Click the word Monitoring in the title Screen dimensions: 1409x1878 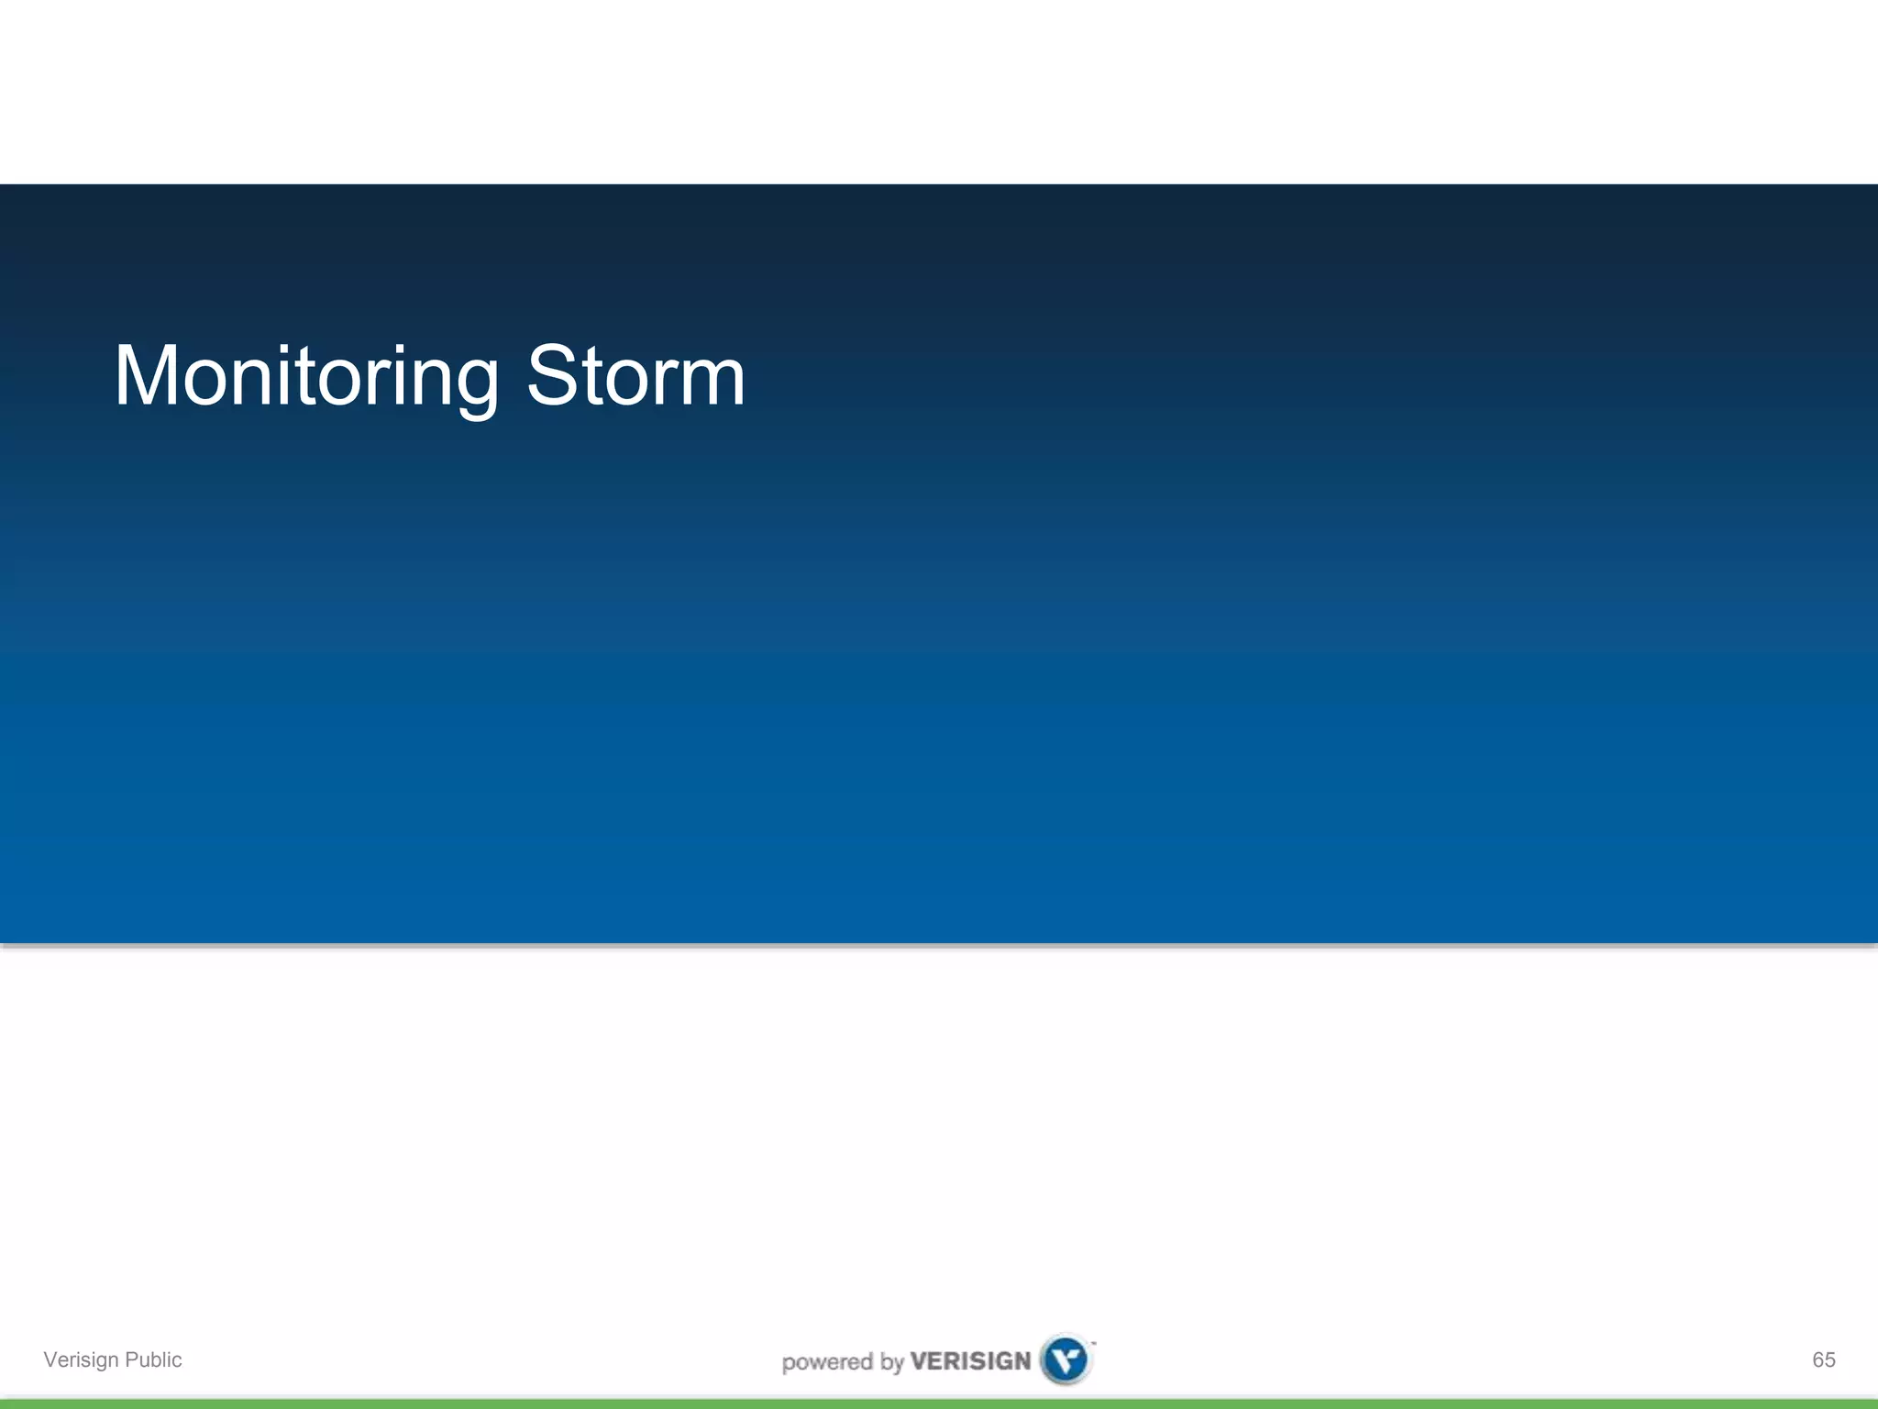(306, 376)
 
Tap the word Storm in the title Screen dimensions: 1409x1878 (635, 376)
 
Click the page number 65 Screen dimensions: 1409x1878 (1823, 1359)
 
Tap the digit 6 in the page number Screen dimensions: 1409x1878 (1817, 1359)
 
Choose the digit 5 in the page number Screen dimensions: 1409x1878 (1829, 1359)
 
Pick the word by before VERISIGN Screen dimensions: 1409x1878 (891, 1363)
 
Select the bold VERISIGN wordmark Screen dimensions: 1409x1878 (970, 1361)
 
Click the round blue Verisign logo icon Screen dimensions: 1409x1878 (1066, 1359)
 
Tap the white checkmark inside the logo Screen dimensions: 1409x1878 (1066, 1359)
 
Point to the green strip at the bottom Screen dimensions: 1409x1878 (939, 1403)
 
